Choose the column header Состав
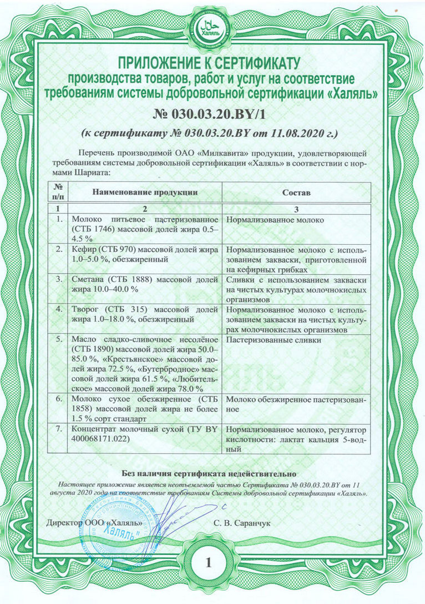point(296,192)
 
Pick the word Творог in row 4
point(87,310)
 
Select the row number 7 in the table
point(59,429)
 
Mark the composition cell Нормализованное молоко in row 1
point(275,220)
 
